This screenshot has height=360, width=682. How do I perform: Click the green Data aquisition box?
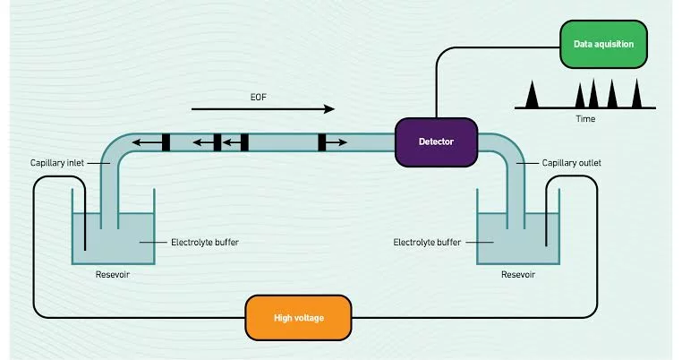tap(603, 44)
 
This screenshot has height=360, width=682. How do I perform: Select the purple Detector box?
tap(436, 141)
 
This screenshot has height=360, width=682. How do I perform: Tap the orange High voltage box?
tap(298, 318)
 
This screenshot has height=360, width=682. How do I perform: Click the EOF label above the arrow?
tap(259, 97)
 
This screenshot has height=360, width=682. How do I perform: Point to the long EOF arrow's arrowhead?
tap(329, 109)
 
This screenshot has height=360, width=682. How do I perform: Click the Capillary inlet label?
tap(57, 163)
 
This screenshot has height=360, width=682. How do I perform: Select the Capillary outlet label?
tap(572, 163)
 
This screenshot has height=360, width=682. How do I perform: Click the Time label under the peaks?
tap(585, 119)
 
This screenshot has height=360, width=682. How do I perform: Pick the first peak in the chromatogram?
tap(532, 94)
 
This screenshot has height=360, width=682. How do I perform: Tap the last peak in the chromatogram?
tap(636, 93)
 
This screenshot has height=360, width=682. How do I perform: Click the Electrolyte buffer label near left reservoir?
tap(205, 242)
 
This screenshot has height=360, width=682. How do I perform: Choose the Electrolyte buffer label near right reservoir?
tap(427, 242)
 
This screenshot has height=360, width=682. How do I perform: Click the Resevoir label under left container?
tap(113, 275)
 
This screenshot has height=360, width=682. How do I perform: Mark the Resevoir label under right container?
tap(518, 275)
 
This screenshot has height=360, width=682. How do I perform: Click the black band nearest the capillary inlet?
tap(166, 142)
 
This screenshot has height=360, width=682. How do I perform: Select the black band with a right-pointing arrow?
tap(322, 142)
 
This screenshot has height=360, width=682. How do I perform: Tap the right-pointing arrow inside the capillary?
tap(337, 142)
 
